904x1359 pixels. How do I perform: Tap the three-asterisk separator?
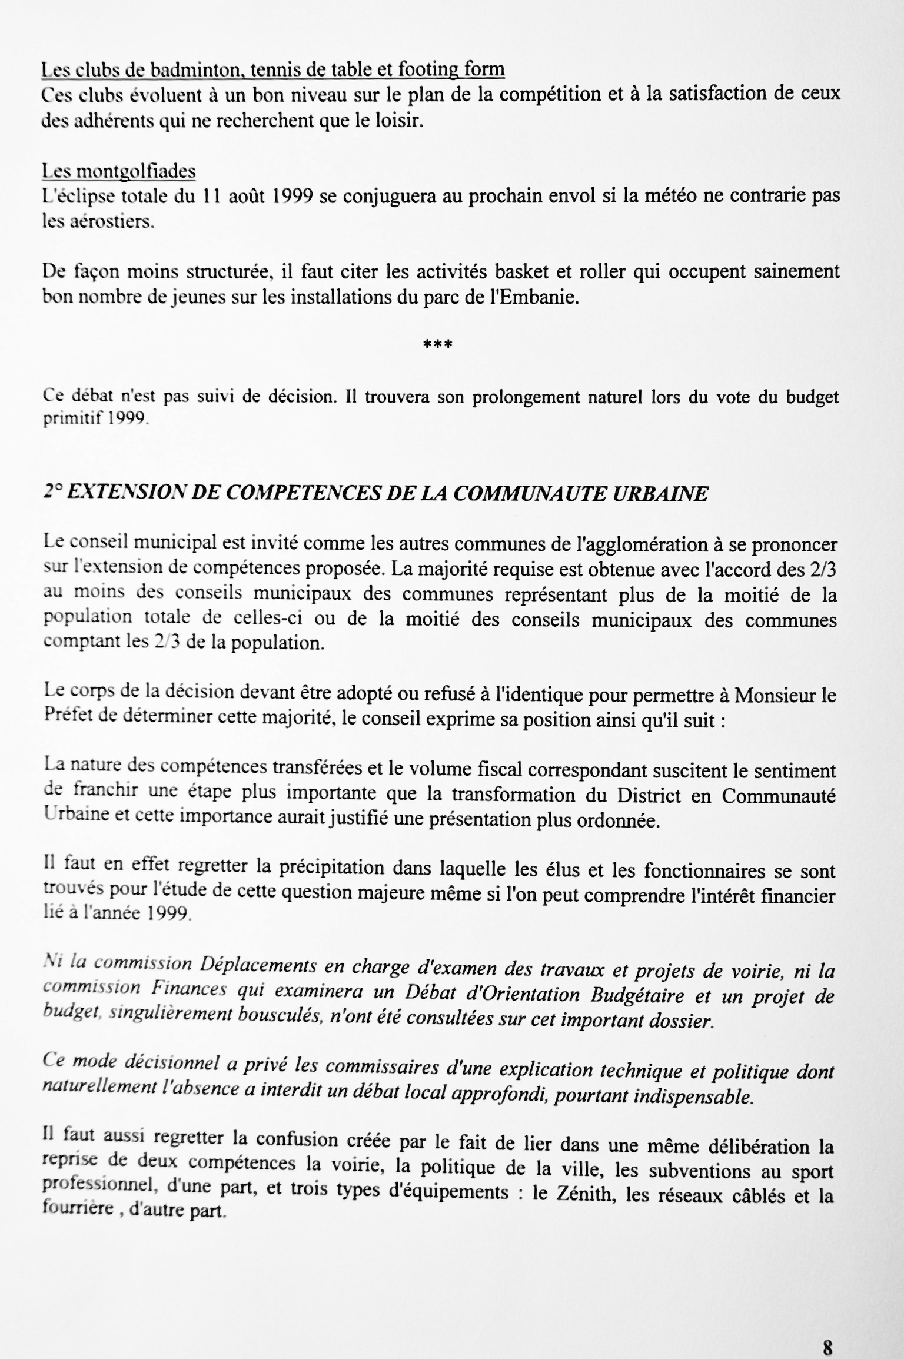point(437,344)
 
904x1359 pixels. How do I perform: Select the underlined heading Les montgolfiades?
point(118,171)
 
